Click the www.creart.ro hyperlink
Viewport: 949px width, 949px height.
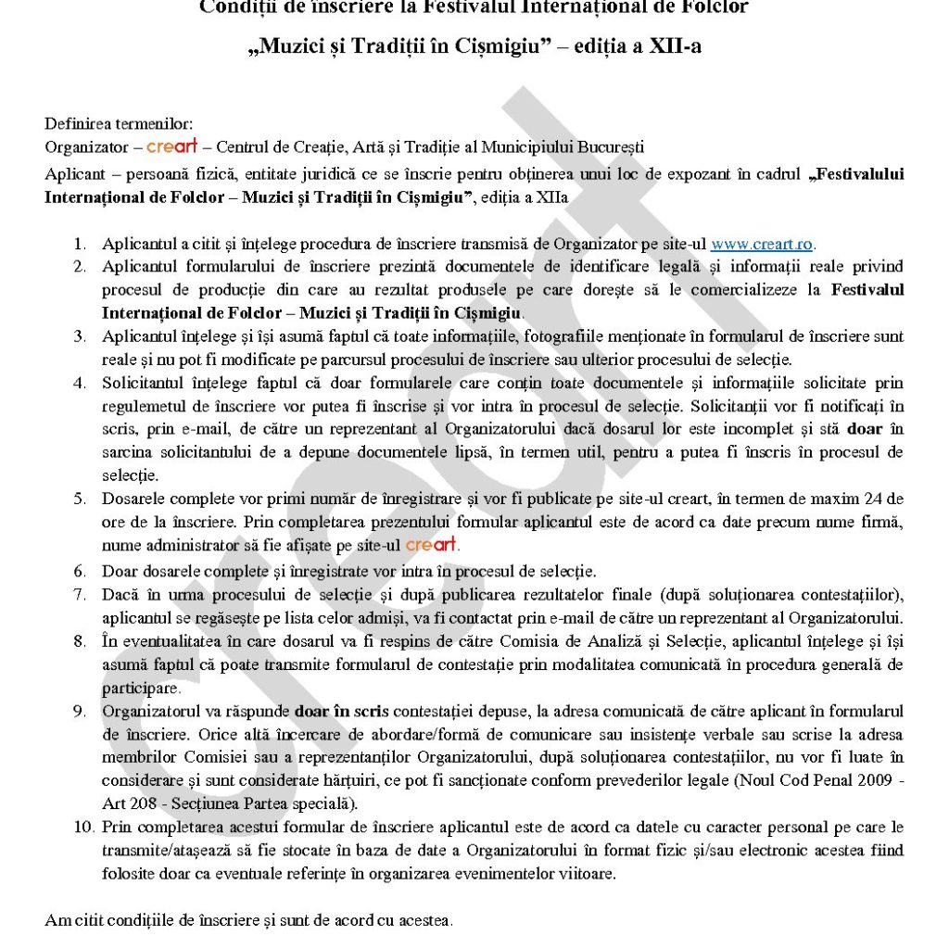[761, 245]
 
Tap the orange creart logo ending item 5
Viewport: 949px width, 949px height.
[432, 545]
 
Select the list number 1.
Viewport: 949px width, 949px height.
[81, 245]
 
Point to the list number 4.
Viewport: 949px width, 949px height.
[81, 384]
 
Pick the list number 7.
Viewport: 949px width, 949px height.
[81, 594]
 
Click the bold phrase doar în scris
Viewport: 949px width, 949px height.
[342, 711]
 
